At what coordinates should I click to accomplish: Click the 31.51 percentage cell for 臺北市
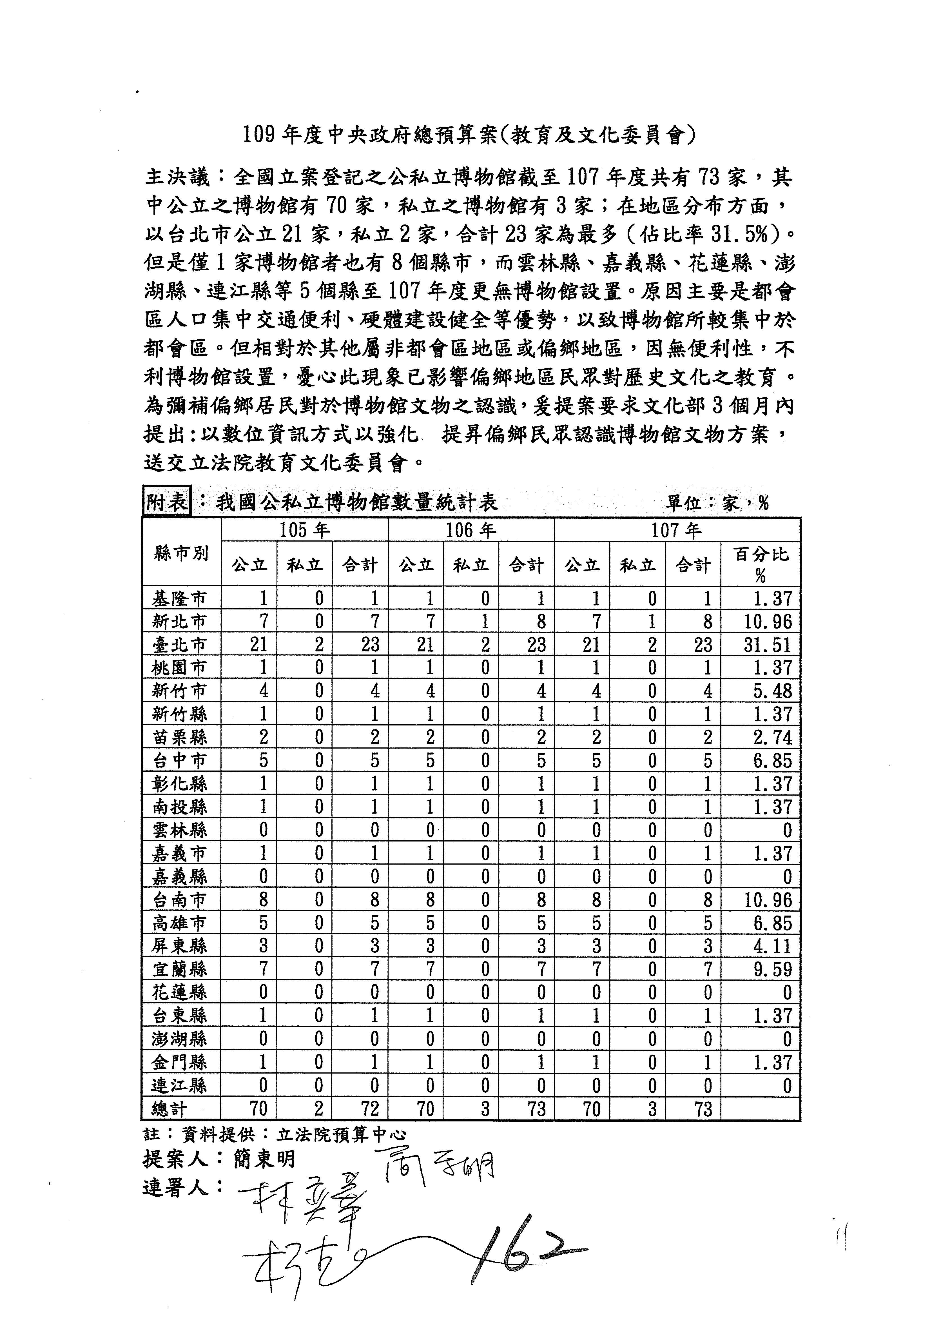[767, 645]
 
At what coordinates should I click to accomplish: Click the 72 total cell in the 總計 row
[370, 1108]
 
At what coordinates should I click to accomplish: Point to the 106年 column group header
[471, 530]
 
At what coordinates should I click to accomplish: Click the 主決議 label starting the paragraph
[178, 178]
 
